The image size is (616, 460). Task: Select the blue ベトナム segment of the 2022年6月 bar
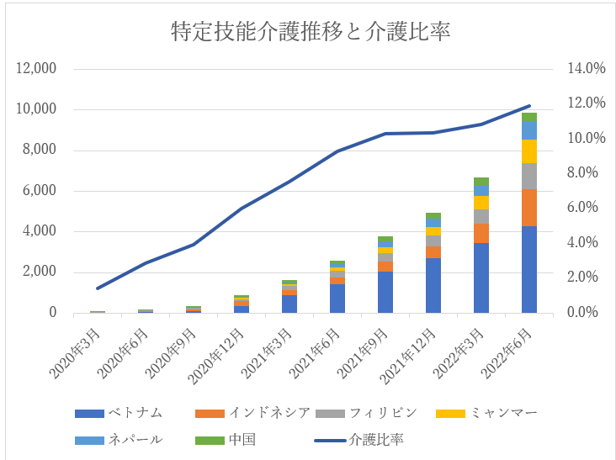(x=528, y=269)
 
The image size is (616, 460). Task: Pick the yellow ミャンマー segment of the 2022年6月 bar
(x=528, y=151)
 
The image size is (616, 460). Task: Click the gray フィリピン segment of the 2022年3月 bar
(x=481, y=216)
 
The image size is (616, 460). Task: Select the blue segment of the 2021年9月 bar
(x=385, y=292)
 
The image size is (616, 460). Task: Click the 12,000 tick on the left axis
(x=36, y=69)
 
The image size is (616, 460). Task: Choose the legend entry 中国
(x=241, y=439)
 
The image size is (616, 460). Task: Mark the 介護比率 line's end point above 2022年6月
(x=528, y=106)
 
